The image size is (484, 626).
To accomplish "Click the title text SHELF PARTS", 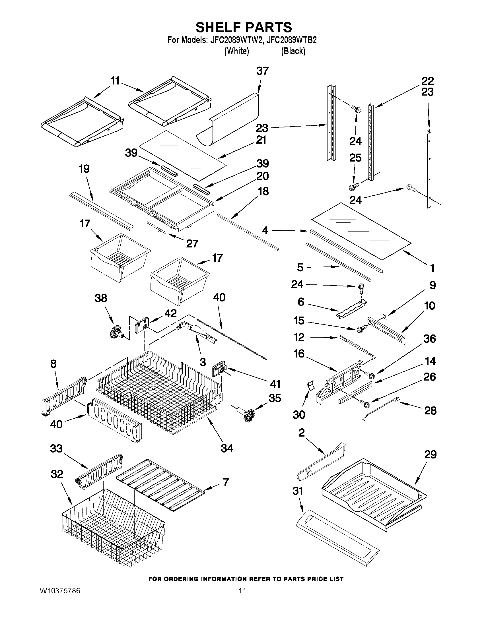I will click(244, 27).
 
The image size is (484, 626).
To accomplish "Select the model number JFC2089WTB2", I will click(291, 40).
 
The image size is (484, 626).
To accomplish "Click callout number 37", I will click(262, 71).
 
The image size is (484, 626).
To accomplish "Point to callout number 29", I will click(430, 454).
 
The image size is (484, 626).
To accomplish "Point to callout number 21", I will click(261, 140).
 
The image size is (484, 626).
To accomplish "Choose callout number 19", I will click(84, 169).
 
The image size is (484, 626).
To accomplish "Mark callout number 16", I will click(299, 354).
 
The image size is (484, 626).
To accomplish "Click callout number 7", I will click(226, 482).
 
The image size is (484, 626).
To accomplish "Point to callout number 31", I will click(297, 491).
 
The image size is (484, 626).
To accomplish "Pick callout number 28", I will click(430, 410).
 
